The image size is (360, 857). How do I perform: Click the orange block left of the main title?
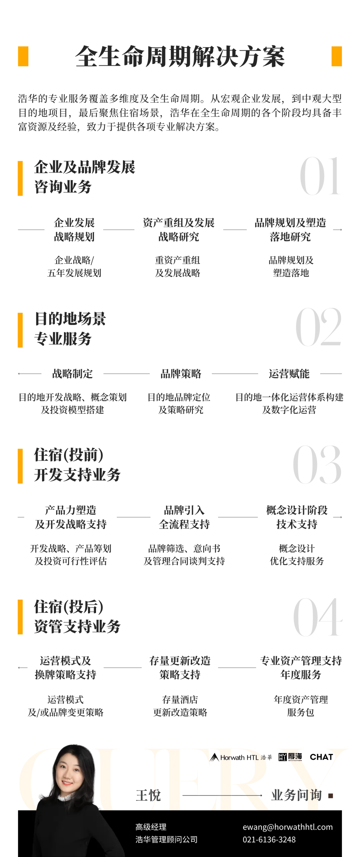point(23,56)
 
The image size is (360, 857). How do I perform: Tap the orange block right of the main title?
point(337,56)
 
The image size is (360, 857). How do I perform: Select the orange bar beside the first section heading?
point(20,178)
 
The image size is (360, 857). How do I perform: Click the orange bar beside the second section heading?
point(20,330)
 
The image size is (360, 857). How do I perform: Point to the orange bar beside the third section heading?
point(20,466)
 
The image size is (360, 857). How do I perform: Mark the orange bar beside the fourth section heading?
point(20,616)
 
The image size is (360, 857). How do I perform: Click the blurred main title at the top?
point(180,56)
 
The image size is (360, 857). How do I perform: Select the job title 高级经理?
point(151,827)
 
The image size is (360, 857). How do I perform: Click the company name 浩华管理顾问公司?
point(166,839)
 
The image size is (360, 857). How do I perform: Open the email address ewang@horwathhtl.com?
point(287,827)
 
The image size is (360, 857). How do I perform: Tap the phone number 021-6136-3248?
point(269,839)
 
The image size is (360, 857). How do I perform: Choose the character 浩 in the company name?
point(139,839)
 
